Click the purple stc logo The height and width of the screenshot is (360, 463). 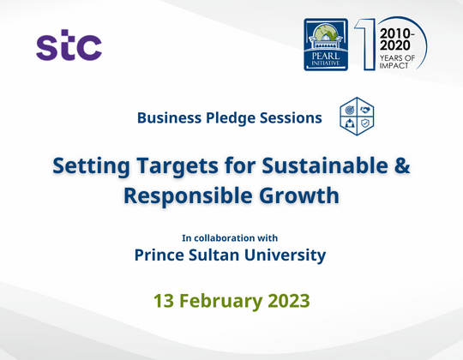point(69,45)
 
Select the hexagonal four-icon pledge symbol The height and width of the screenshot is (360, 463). point(357,117)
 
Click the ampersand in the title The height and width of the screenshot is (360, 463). point(400,165)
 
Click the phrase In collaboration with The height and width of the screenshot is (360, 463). point(230,237)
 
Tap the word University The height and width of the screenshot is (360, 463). point(288,255)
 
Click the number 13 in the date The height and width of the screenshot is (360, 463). point(165,301)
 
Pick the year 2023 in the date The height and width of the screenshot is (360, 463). point(287,301)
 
